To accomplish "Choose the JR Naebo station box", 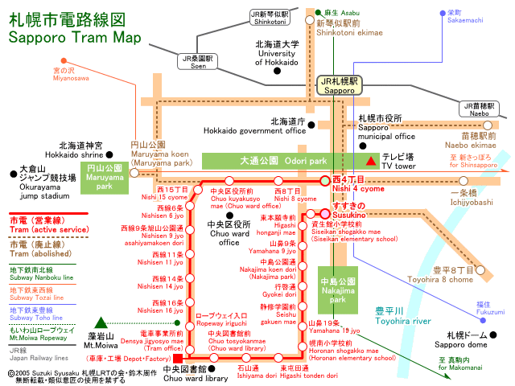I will [480, 109].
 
